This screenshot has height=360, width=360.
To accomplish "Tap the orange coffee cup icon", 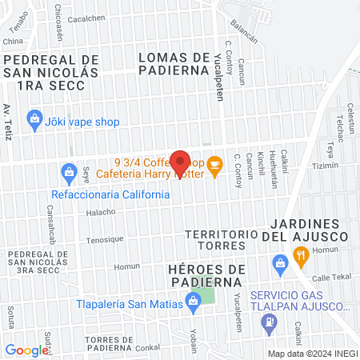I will [x=214, y=165].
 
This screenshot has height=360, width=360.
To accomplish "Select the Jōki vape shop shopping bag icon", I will [x=34, y=122].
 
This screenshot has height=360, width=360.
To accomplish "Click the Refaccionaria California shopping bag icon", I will [x=68, y=171].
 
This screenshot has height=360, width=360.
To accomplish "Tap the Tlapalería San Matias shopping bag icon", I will [x=192, y=302].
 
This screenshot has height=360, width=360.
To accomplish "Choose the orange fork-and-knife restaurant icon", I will [x=301, y=256].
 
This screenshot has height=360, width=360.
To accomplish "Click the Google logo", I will [x=26, y=350].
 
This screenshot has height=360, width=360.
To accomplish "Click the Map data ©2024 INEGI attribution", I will [x=312, y=353].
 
